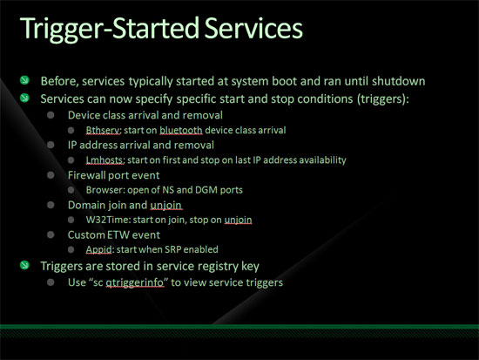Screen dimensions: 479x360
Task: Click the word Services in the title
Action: pyautogui.click(x=253, y=28)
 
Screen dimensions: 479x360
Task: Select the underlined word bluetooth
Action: pyautogui.click(x=181, y=130)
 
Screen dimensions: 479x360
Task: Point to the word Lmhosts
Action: pyautogui.click(x=105, y=160)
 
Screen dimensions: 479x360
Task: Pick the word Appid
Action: pyautogui.click(x=98, y=249)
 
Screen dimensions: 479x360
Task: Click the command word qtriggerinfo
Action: pyautogui.click(x=135, y=282)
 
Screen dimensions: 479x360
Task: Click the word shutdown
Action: pyautogui.click(x=398, y=81)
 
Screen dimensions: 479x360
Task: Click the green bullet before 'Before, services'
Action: pyautogui.click(x=24, y=80)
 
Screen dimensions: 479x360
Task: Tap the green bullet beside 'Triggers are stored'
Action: pyautogui.click(x=24, y=265)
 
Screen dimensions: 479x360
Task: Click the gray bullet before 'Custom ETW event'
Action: pyautogui.click(x=51, y=234)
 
